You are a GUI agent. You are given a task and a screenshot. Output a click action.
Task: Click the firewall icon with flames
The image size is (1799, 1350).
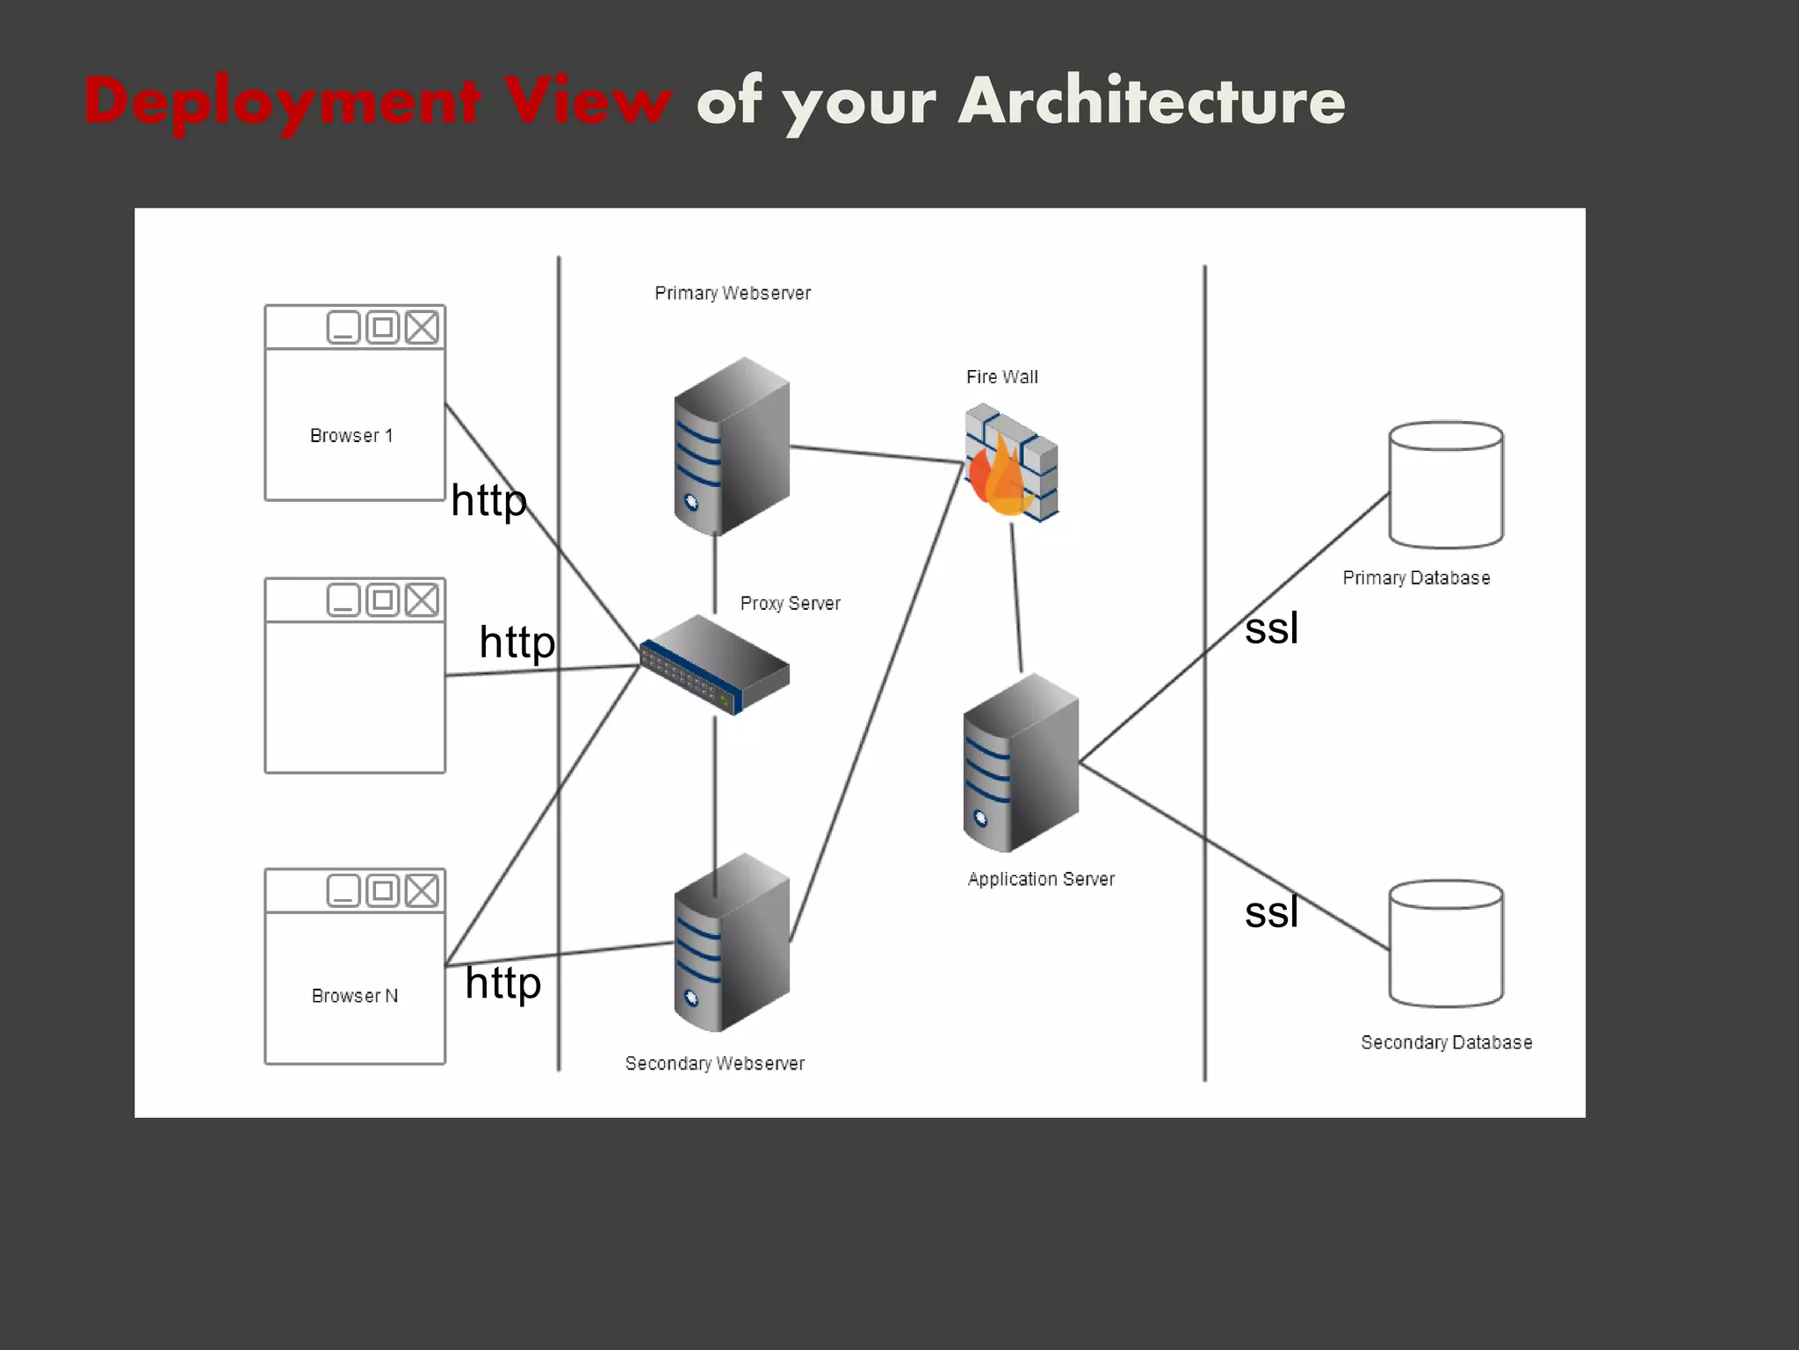pos(1010,463)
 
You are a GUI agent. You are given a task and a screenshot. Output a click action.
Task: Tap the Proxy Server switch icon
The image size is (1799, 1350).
pos(715,664)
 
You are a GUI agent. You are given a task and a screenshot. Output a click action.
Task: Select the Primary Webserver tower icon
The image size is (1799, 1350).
pos(731,446)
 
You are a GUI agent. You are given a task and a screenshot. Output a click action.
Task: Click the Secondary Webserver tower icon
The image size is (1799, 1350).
pos(731,943)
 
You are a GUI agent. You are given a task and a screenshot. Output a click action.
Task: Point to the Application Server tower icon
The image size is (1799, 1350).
pos(1020,763)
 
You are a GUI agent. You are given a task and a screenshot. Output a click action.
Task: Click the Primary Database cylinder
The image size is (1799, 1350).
pos(1446,485)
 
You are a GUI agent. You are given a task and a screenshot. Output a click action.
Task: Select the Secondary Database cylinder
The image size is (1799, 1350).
pos(1446,944)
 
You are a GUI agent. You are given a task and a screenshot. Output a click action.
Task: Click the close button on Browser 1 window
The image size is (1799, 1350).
pos(422,328)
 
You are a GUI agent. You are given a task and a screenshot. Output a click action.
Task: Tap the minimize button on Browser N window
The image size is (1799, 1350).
pos(343,891)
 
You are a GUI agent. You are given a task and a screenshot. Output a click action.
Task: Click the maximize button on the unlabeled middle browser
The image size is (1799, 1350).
pos(383,600)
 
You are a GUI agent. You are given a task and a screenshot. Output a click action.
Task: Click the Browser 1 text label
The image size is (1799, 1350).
pos(351,436)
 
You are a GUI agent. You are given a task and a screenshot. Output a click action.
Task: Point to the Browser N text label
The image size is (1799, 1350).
pos(355,996)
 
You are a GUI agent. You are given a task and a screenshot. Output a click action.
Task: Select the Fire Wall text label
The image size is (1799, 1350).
pos(1001,377)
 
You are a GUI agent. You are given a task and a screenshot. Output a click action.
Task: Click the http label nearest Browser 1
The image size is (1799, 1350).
pos(488,501)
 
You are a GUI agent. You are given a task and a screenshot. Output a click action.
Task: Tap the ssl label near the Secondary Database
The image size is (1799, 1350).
pos(1271,912)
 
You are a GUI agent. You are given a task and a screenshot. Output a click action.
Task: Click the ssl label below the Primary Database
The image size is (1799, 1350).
pos(1271,628)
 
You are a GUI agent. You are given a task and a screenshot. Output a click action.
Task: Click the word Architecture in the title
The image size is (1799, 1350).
pos(1151,101)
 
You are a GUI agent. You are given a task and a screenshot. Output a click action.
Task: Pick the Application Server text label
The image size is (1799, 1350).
pos(1041,879)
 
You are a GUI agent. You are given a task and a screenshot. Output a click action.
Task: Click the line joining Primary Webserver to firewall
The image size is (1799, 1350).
pos(878,455)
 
